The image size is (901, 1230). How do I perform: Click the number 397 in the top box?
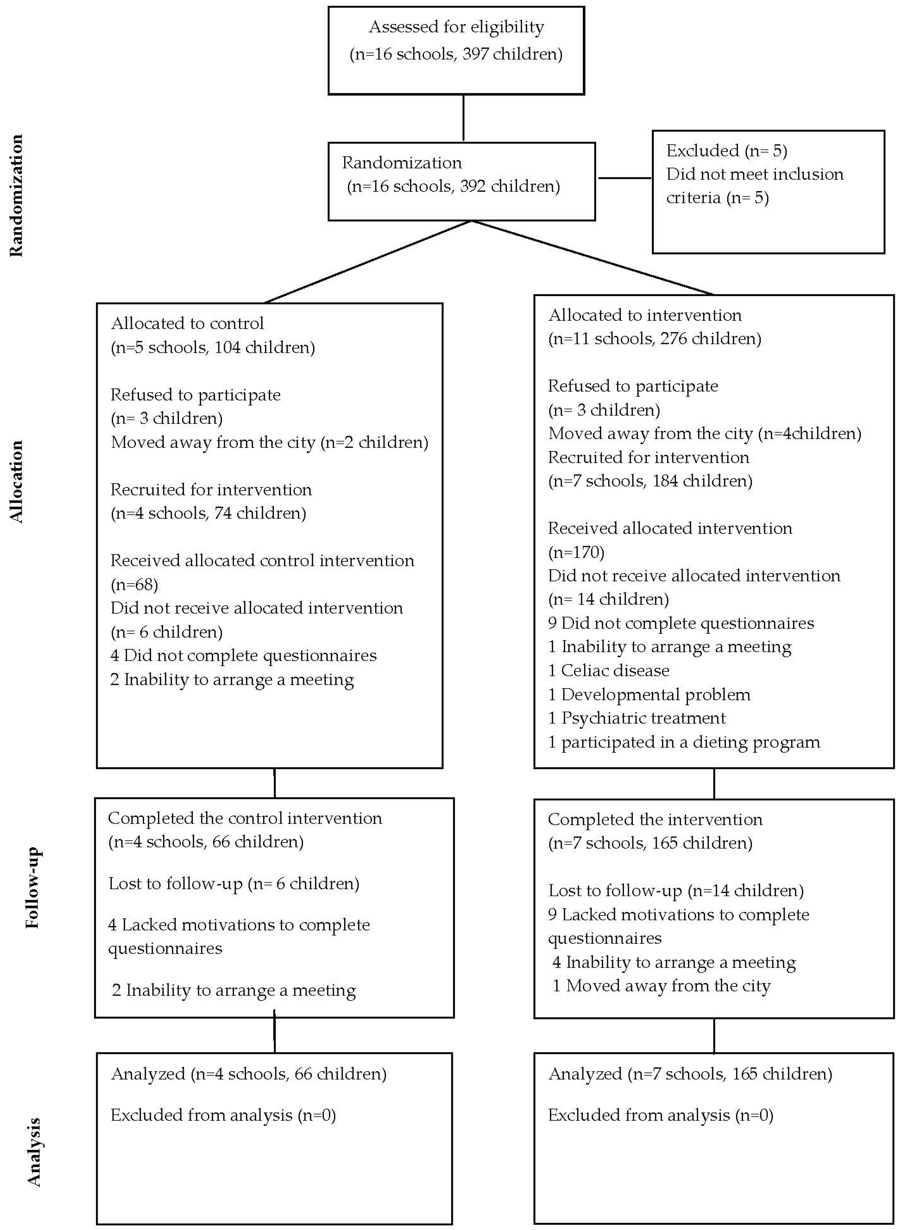[x=475, y=54]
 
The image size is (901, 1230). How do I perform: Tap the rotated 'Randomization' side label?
[x=16, y=195]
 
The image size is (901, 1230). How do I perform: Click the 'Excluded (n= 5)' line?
[x=727, y=150]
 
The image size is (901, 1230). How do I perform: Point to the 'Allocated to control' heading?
[x=187, y=323]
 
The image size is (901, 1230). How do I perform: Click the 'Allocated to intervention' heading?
[x=645, y=315]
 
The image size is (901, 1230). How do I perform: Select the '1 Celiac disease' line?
[x=608, y=670]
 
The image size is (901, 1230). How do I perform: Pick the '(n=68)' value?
[x=134, y=584]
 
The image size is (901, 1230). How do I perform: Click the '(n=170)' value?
[x=576, y=552]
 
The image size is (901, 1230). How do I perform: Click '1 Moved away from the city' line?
[x=661, y=986]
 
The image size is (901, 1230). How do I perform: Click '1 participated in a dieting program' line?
[x=684, y=742]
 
